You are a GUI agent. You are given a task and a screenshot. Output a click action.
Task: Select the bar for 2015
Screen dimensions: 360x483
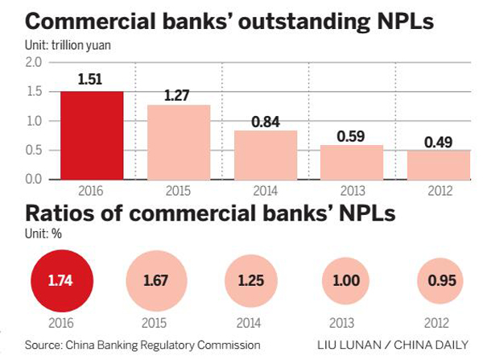click(179, 142)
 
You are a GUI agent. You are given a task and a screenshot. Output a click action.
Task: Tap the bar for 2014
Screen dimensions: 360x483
click(265, 155)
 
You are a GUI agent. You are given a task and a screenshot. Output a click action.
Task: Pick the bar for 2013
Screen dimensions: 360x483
click(352, 162)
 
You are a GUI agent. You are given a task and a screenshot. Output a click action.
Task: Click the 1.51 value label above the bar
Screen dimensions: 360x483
click(92, 81)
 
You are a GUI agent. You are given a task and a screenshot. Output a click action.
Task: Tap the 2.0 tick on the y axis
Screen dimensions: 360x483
click(35, 63)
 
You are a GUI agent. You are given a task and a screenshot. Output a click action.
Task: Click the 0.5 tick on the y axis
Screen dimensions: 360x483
click(35, 150)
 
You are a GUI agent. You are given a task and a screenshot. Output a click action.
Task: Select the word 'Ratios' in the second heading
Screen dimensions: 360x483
click(60, 216)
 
